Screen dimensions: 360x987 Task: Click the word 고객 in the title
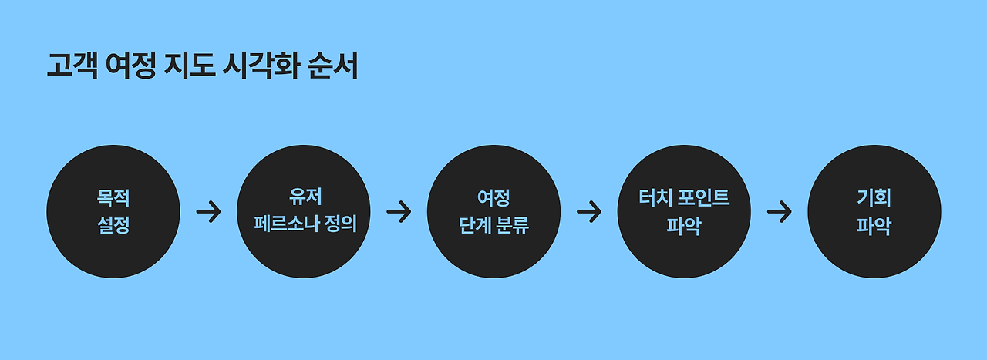(72, 67)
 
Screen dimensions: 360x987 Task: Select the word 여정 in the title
(131, 67)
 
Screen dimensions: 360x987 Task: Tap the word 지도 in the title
(189, 67)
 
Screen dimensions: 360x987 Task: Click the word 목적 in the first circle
(113, 198)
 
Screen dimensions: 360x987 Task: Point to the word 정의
(342, 227)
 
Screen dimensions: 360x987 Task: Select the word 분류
(512, 227)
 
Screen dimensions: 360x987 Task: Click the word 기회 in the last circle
(874, 198)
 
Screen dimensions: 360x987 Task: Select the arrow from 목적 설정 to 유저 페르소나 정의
(208, 212)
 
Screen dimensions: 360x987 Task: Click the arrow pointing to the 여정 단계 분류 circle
(399, 212)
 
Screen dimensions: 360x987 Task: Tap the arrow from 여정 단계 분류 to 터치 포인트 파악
(589, 212)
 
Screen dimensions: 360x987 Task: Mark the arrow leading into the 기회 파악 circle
(780, 212)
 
